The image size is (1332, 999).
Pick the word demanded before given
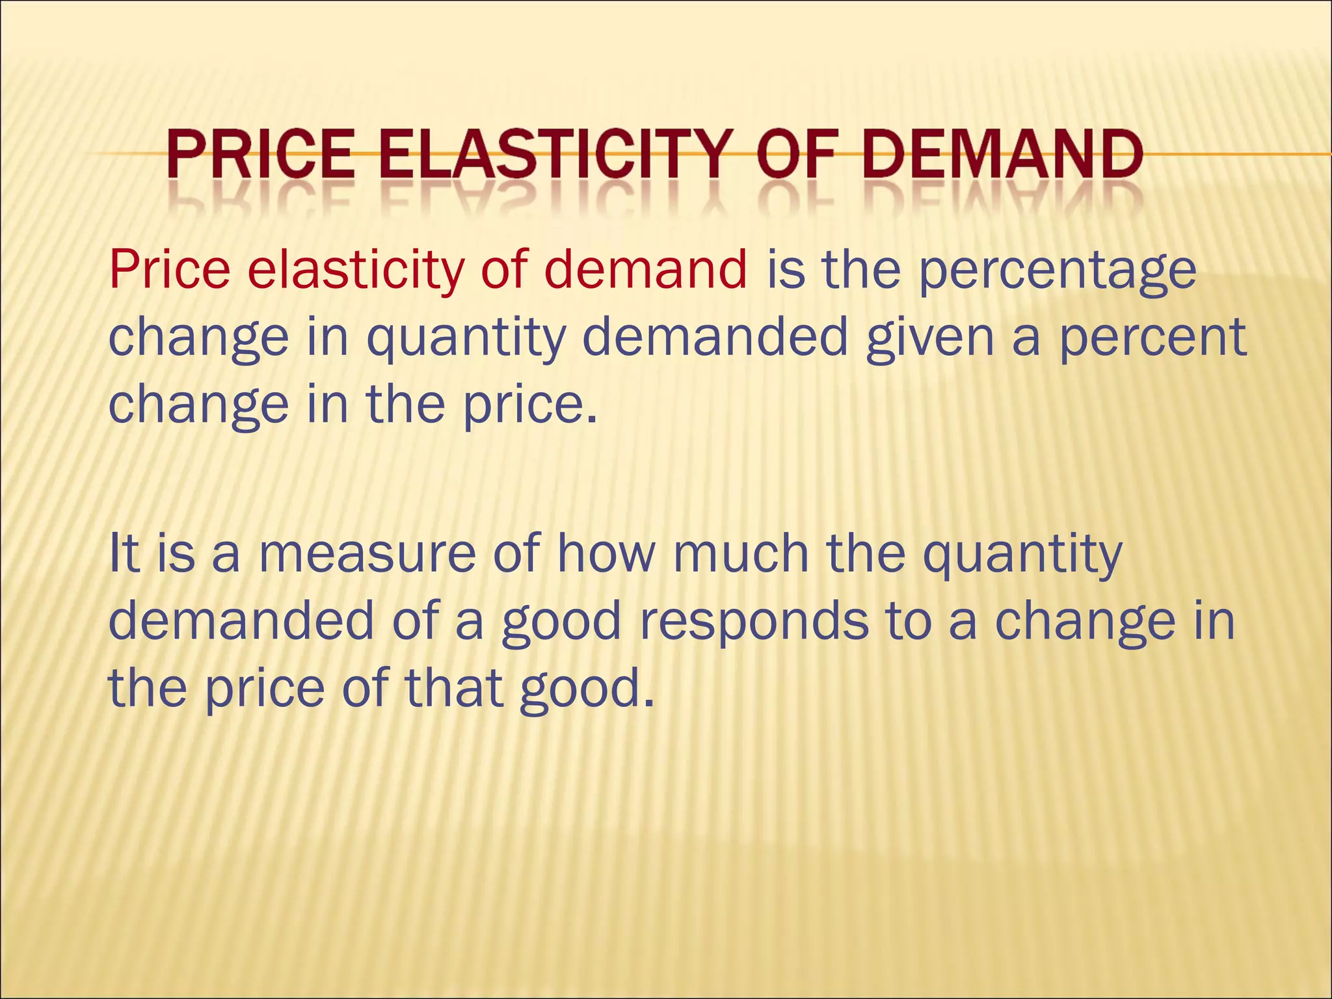tap(715, 337)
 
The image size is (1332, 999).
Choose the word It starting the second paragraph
tap(124, 553)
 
